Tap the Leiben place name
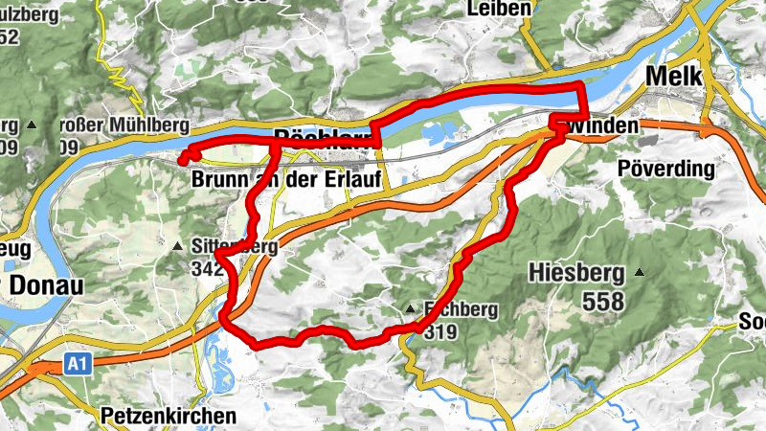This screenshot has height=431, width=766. [499, 9]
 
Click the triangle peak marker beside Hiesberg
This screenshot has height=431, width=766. [639, 273]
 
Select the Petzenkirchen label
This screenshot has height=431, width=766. [168, 417]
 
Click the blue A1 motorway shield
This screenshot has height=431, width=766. [78, 365]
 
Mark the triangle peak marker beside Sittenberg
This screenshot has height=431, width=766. [178, 246]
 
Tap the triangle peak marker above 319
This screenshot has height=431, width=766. [410, 309]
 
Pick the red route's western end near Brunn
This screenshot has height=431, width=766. [182, 159]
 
